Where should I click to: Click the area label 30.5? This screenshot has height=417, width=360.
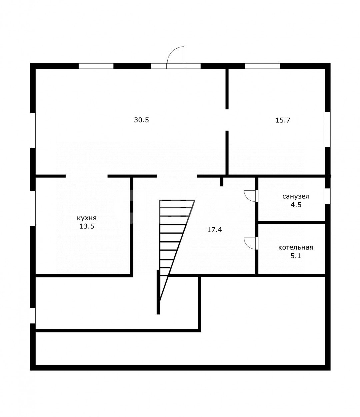coord(141,120)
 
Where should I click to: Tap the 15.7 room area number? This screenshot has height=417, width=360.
coord(283,120)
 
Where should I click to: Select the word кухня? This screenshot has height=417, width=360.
coord(87,218)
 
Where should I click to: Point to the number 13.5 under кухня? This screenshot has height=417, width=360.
coord(87,226)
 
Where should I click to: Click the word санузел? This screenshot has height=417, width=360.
coord(296,196)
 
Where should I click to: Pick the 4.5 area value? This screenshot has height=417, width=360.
coord(296,205)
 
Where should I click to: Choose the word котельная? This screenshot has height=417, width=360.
coord(296,247)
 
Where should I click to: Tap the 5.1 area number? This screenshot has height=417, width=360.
coord(296,256)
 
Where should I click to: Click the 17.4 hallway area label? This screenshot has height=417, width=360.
coord(215,230)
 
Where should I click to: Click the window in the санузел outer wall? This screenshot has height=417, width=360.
coord(328,196)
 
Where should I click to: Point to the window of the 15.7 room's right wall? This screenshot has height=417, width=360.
coord(328,129)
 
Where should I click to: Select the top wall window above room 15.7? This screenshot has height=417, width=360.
coord(262,66)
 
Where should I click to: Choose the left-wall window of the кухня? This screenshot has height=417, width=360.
coord(33,208)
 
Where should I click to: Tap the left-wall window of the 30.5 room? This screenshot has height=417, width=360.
coord(33,130)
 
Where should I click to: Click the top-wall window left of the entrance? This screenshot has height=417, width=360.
coord(96,66)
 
